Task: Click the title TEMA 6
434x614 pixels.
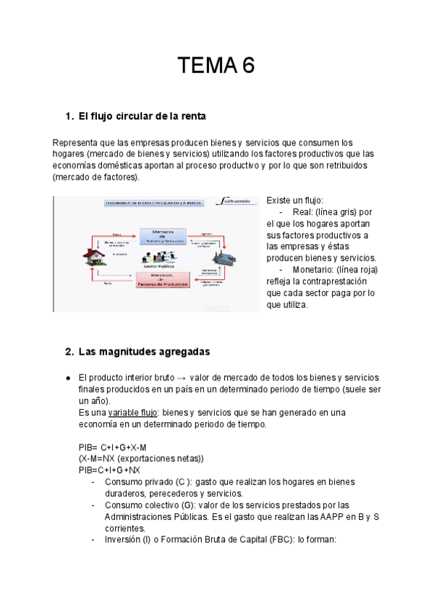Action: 217,67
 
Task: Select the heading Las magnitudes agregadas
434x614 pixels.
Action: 143,352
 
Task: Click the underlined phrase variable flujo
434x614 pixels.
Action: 132,413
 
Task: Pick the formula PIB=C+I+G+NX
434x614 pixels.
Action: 109,470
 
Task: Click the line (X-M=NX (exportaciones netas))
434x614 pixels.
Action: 141,459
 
